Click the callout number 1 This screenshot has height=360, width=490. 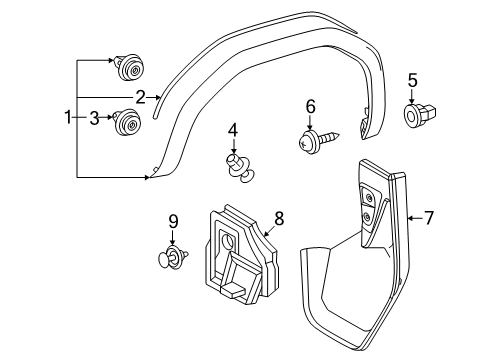click(68, 119)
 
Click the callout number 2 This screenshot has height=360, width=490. click(141, 97)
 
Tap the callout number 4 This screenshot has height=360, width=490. click(233, 130)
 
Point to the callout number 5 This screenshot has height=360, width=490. click(411, 80)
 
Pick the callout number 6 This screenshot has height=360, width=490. click(311, 106)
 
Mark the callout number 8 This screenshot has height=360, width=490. click(279, 217)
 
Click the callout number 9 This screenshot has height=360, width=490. click(172, 221)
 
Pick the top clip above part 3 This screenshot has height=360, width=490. click(127, 67)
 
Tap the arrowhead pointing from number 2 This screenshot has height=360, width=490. click(158, 97)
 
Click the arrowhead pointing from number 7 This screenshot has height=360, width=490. click(411, 217)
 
